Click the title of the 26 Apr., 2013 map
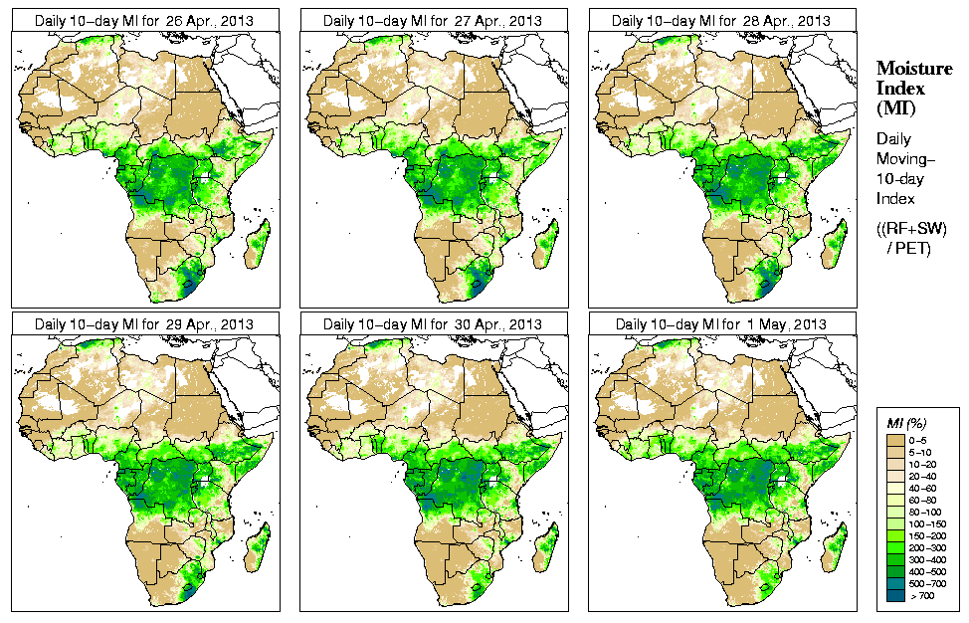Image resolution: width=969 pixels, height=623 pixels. coord(143,20)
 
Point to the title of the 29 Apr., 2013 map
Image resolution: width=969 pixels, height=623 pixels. coord(143,324)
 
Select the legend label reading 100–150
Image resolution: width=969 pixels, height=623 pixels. coord(927,522)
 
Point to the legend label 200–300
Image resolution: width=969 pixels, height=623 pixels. coord(927,546)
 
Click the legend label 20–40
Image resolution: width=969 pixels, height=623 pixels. coord(925,475)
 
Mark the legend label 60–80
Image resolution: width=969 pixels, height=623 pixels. coord(925,499)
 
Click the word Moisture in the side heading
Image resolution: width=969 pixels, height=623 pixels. coord(913,68)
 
